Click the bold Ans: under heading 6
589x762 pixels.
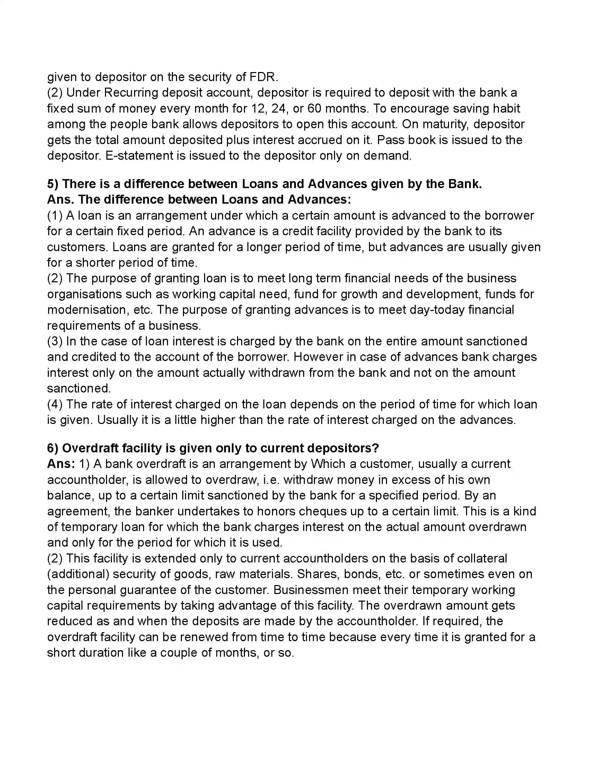pyautogui.click(x=61, y=464)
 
